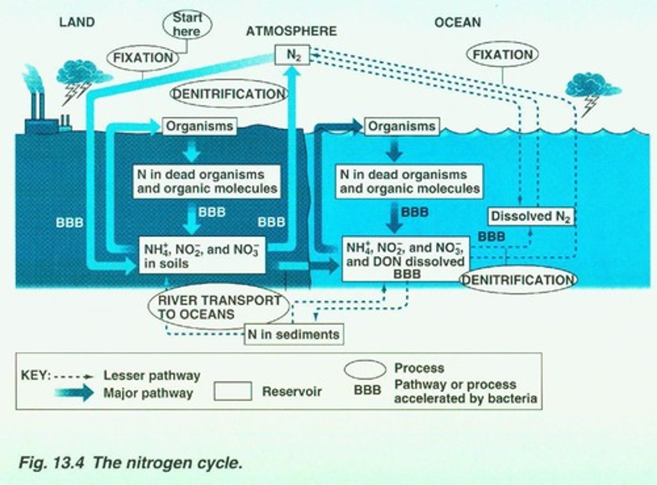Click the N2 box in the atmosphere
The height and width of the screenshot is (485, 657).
tap(292, 55)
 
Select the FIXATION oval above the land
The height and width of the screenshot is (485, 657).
tap(143, 58)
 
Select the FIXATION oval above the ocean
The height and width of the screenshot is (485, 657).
tap(502, 55)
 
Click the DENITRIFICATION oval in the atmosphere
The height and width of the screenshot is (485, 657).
tap(229, 94)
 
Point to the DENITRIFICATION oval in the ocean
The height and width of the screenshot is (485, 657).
tap(518, 279)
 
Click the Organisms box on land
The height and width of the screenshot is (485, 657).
tap(199, 126)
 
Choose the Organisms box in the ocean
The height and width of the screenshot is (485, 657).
tap(401, 126)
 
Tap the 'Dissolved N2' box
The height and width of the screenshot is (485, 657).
tap(531, 216)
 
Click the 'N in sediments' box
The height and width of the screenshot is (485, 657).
tap(294, 334)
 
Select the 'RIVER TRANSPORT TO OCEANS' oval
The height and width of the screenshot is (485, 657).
tap(219, 307)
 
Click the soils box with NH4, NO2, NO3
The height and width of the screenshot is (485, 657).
tap(202, 256)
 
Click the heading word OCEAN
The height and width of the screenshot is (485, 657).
tap(457, 22)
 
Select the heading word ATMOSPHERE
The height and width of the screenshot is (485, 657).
tap(291, 31)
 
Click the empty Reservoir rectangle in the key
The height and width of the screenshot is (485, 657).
tap(233, 391)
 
